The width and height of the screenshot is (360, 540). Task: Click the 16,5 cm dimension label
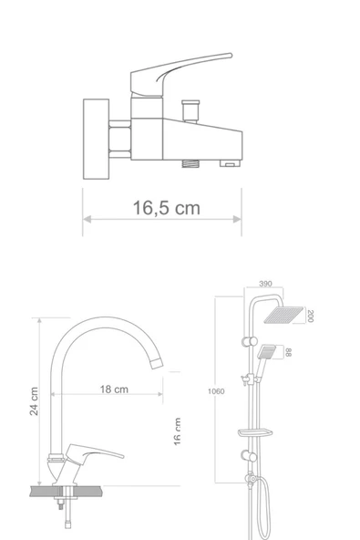click(165, 209)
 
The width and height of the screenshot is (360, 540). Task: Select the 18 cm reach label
click(114, 389)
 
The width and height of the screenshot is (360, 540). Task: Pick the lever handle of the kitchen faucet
click(100, 452)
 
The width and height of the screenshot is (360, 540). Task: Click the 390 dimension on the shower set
click(265, 285)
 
